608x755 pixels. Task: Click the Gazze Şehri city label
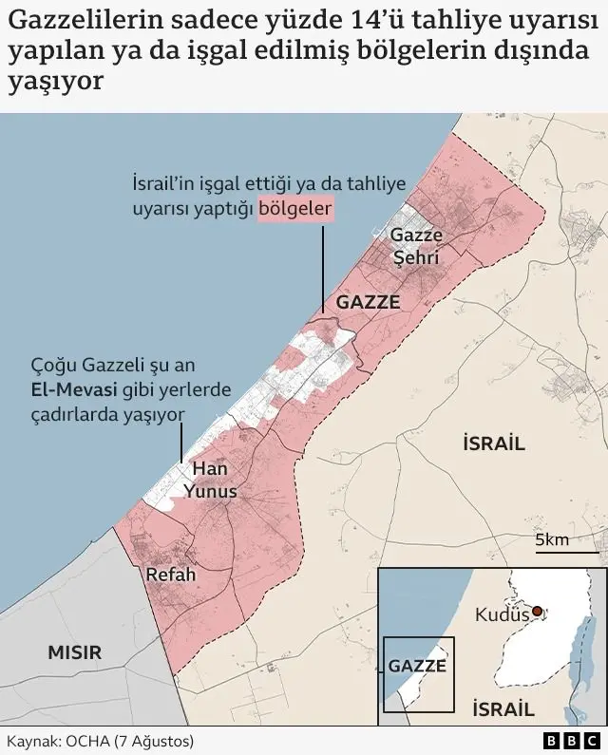pos(417,245)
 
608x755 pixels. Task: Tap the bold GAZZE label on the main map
pos(369,302)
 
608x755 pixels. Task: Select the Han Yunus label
pos(210,480)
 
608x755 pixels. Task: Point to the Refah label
pos(170,575)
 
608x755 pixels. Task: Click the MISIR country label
pos(74,651)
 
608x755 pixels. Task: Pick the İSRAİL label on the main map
pos(493,443)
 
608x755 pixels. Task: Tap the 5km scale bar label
pos(552,540)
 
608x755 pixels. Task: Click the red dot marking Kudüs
pos(538,612)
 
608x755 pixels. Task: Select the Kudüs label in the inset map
pos(501,615)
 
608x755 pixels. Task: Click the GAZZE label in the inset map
pos(417,666)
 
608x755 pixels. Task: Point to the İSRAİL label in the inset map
pos(503,708)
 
